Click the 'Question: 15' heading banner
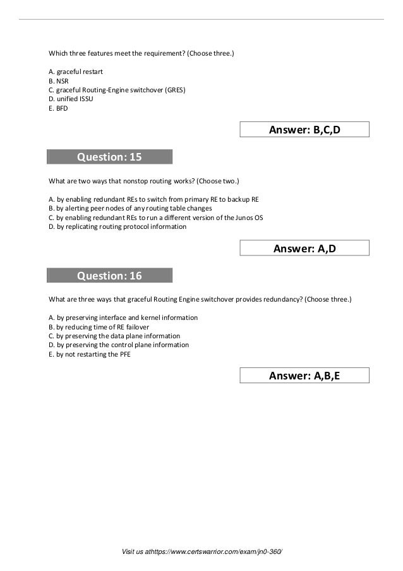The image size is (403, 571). [x=109, y=157]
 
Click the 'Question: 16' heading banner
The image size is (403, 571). [x=109, y=276]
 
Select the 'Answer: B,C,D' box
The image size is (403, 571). [x=304, y=130]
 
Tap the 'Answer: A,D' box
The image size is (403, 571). [x=304, y=249]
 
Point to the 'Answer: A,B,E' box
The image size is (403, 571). [x=304, y=377]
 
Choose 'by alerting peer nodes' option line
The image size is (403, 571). [x=130, y=208]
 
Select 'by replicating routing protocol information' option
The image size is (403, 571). [x=117, y=226]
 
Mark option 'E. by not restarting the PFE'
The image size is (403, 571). [x=90, y=354]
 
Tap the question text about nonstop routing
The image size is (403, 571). [x=144, y=180]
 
